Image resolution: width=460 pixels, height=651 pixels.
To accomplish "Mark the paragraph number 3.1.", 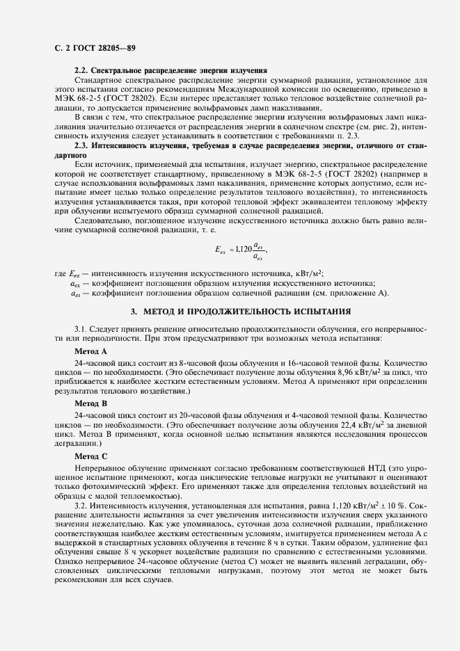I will coord(81,328).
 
